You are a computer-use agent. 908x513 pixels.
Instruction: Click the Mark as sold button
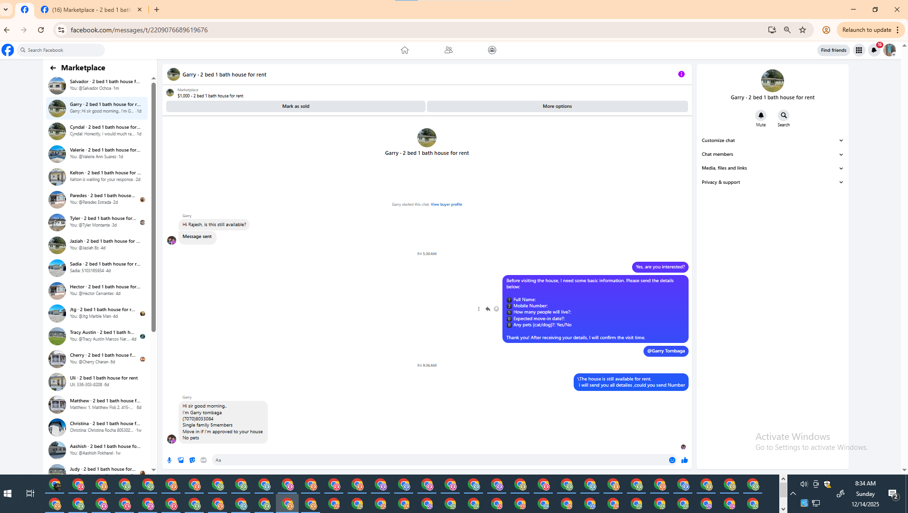295,106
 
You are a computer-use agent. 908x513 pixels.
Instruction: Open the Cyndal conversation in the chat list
97,131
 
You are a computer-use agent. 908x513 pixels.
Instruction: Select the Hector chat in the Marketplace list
97,290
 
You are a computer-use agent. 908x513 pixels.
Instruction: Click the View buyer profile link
446,204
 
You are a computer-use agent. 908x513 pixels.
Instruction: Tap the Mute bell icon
761,115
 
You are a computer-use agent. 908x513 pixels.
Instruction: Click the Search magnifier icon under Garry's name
784,115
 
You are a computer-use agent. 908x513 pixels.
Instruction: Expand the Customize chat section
772,141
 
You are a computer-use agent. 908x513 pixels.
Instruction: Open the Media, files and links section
772,168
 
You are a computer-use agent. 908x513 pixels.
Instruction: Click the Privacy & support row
772,182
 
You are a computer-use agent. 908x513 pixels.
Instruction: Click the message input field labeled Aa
439,460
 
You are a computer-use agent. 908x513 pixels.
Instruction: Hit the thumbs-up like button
684,460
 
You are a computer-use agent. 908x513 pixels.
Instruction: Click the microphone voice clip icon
170,460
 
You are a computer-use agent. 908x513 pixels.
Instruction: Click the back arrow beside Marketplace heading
53,68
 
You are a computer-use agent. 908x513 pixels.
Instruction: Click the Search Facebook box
61,50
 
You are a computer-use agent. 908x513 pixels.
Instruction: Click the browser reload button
41,30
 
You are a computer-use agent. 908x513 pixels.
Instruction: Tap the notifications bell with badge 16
874,50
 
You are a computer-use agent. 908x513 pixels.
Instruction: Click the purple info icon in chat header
681,74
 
